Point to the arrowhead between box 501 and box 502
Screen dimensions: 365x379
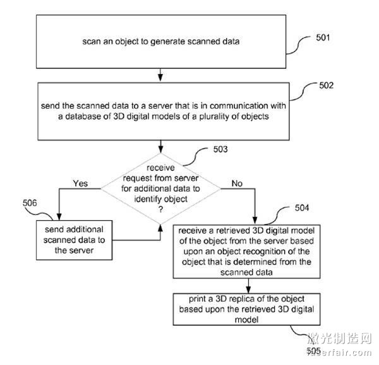pos(160,78)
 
